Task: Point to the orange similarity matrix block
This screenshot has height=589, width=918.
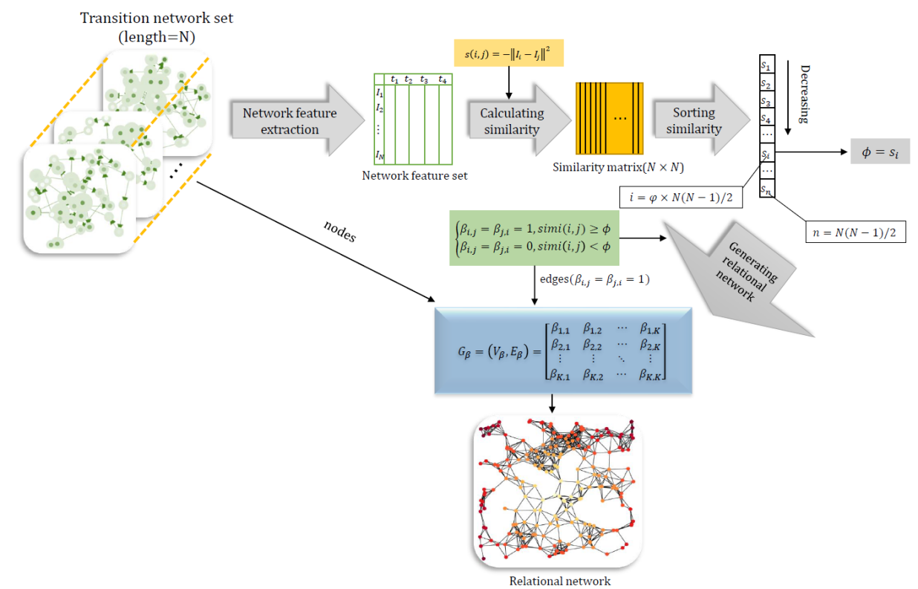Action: click(x=608, y=119)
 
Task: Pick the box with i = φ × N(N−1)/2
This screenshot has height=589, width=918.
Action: click(x=679, y=197)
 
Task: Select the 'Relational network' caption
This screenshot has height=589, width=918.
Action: click(x=559, y=581)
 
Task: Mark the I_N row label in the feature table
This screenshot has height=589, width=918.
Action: click(x=380, y=155)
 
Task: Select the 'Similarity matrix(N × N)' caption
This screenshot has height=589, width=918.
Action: click(x=618, y=168)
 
